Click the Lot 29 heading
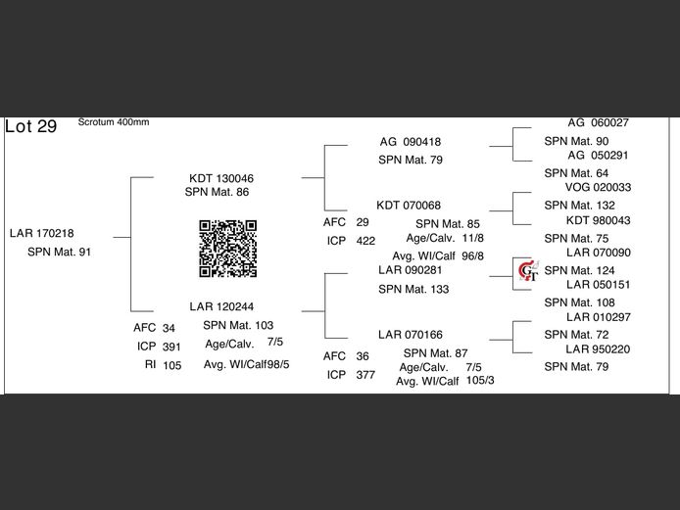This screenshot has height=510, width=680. click(x=31, y=127)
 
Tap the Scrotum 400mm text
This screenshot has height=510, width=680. click(x=114, y=122)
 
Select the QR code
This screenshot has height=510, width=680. click(x=228, y=249)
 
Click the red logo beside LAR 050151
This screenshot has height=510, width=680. click(x=528, y=271)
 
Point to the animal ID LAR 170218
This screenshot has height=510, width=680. click(x=41, y=234)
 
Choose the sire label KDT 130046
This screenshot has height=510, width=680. click(x=221, y=179)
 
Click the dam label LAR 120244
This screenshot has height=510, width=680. click(x=221, y=307)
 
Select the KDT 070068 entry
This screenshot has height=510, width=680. click(x=409, y=206)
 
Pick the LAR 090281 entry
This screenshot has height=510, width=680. click(x=411, y=270)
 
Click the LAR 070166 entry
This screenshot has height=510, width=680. click(x=411, y=336)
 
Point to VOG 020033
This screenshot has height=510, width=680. click(x=598, y=188)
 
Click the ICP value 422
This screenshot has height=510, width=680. click(x=365, y=241)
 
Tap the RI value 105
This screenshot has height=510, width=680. click(x=172, y=365)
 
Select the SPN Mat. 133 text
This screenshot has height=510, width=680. click(x=413, y=290)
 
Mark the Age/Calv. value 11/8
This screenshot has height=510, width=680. click(x=472, y=238)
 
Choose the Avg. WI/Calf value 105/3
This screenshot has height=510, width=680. click(x=480, y=380)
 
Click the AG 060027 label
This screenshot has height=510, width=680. click(x=598, y=123)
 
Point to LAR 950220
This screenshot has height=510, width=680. click(x=598, y=349)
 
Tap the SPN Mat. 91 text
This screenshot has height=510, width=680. click(x=59, y=253)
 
